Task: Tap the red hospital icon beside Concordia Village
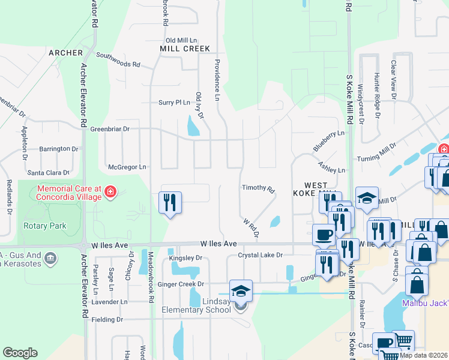click(x=110, y=192)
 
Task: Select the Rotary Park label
click(x=44, y=226)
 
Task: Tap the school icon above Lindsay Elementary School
click(x=241, y=291)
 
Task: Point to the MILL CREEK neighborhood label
click(x=185, y=49)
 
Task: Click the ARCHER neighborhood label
click(x=65, y=53)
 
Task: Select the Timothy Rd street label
click(x=258, y=188)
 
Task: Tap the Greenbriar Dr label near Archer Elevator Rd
click(x=110, y=128)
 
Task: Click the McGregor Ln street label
click(x=126, y=167)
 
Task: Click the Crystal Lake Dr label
click(x=260, y=255)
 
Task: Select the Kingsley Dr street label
click(x=187, y=259)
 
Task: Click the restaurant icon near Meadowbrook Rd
click(x=170, y=202)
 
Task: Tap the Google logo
click(x=20, y=353)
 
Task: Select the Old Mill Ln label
click(x=181, y=40)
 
